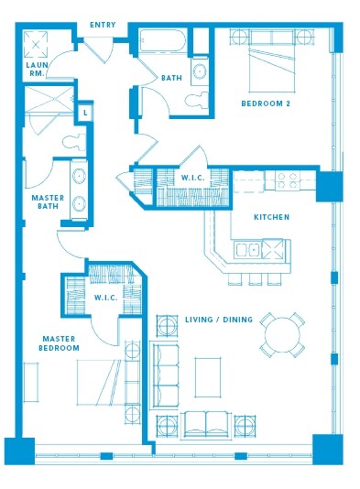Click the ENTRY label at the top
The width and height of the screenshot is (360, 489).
point(103,25)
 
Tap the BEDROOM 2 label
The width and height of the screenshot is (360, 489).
point(266,103)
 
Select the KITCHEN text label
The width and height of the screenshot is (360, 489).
point(272,217)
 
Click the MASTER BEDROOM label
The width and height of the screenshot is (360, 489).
point(60,342)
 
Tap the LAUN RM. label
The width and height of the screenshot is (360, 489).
point(36,70)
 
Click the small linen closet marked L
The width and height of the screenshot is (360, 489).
point(84,112)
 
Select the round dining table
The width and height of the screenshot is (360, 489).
point(282,335)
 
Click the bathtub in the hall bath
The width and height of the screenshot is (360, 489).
point(163,41)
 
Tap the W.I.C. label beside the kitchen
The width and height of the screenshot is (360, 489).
point(192,178)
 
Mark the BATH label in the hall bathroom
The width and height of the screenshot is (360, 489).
point(171,78)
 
